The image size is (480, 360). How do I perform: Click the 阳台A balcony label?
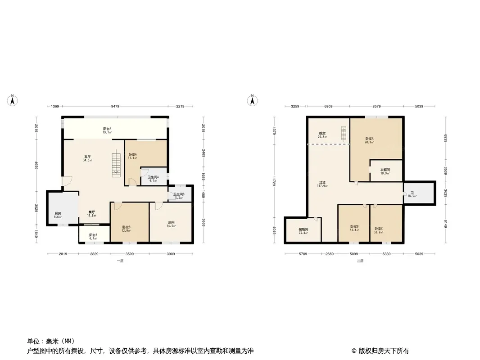click(107, 129)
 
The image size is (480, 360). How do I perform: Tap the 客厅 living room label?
click(87, 157)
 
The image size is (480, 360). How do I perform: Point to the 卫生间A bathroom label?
click(153, 177)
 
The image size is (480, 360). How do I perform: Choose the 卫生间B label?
click(179, 194)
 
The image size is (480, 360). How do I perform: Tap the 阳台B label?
click(93, 235)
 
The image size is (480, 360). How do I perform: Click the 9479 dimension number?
click(116, 106)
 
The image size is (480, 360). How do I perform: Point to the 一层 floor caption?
click(120, 261)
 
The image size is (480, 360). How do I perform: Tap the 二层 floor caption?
click(360, 261)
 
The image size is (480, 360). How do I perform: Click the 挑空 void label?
click(322, 133)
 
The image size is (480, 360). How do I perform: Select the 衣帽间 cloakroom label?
click(385, 170)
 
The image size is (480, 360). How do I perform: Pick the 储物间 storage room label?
click(303, 229)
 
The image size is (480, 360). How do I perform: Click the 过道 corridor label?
click(322, 183)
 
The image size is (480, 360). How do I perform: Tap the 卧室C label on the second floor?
click(379, 229)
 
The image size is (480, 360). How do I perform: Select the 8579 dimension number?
click(376, 106)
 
